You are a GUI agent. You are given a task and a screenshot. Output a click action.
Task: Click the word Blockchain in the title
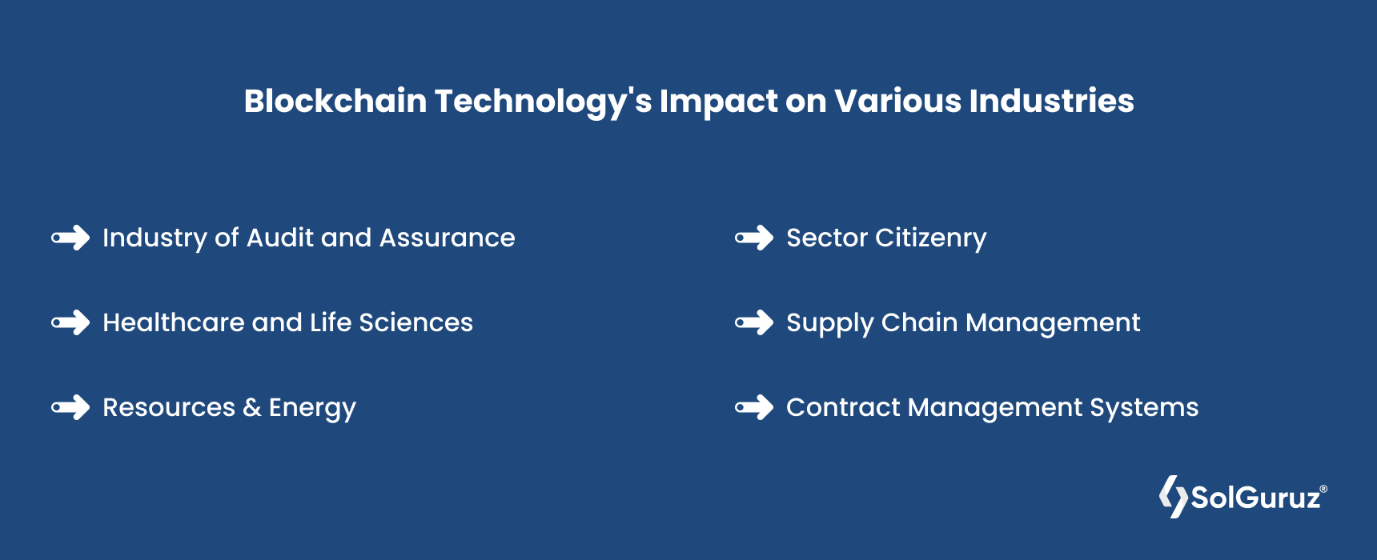(335, 102)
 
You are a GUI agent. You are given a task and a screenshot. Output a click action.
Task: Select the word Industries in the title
(1052, 102)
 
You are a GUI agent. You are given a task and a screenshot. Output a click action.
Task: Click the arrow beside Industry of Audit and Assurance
(70, 238)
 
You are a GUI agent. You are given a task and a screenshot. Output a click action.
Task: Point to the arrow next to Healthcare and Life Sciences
(70, 322)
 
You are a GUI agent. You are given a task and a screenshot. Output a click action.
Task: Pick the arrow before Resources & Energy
(70, 407)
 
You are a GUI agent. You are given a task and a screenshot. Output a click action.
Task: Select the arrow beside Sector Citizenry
(754, 238)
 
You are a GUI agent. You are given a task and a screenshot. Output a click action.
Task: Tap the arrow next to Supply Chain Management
(754, 322)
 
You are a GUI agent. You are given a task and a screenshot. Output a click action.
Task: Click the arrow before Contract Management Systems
(754, 407)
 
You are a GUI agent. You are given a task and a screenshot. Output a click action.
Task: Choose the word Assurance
(448, 238)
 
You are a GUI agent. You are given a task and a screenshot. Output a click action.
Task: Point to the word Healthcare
(174, 322)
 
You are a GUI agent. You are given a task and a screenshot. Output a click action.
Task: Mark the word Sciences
(416, 322)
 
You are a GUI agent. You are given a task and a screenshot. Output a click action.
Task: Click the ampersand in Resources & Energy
(252, 407)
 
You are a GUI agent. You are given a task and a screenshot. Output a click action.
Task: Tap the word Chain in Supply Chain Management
(920, 322)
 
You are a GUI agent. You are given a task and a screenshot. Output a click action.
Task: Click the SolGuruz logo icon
(1174, 497)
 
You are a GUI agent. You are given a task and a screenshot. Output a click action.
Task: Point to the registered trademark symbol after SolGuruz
(1323, 489)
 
